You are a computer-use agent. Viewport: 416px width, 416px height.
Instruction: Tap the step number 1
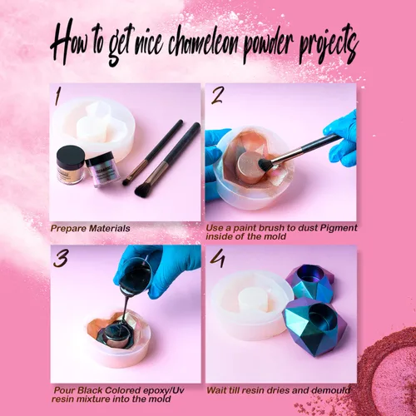tap(57, 96)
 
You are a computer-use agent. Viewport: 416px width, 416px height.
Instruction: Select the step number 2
tap(217, 95)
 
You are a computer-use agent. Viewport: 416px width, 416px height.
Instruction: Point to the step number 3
tap(61, 258)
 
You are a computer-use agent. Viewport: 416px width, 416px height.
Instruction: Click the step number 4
tap(218, 258)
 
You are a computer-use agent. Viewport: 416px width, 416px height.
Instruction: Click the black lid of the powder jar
tap(71, 156)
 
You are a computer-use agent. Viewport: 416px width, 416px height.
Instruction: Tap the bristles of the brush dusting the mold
tap(265, 163)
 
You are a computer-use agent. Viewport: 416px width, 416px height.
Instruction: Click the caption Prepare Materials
tap(90, 228)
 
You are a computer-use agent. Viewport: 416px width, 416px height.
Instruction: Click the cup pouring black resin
tap(135, 275)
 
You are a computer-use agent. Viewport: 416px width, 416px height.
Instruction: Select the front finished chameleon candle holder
tap(314, 326)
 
